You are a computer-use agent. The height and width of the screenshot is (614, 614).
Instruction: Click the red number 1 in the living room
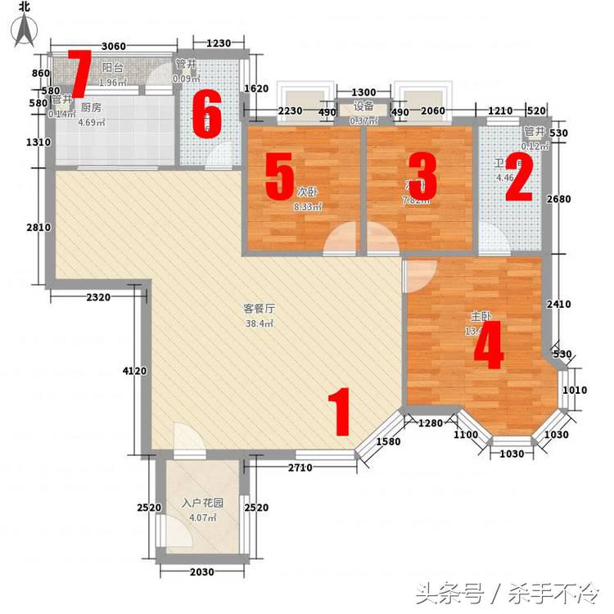tap(340, 413)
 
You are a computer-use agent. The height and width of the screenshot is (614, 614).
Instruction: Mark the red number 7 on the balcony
tap(79, 74)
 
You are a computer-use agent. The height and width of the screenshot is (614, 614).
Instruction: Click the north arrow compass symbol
tap(26, 25)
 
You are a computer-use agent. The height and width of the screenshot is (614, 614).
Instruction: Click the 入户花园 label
tap(202, 503)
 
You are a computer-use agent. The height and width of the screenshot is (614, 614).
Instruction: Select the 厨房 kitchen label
tap(91, 107)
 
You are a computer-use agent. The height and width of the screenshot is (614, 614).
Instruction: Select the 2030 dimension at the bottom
tap(202, 571)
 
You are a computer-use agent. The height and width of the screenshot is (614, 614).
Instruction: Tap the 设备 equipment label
tap(363, 106)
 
